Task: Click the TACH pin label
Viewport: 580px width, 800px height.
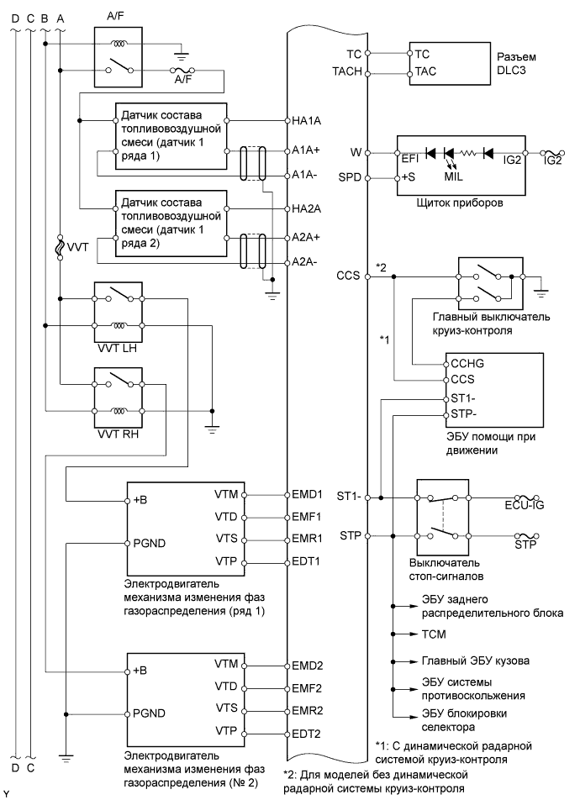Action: click(347, 72)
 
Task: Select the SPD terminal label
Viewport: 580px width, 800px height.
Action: click(349, 179)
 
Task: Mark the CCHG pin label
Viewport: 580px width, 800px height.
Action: click(463, 365)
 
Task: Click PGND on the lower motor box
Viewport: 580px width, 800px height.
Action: click(150, 712)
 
